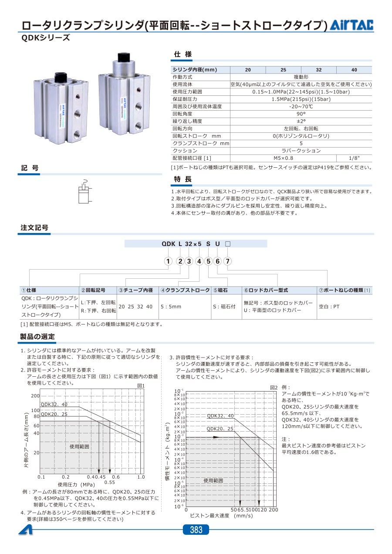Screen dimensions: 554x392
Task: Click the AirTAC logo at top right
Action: tap(351, 26)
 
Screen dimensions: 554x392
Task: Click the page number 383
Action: tap(196, 530)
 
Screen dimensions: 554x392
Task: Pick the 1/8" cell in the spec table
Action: tap(354, 158)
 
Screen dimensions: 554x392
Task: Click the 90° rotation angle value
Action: tap(301, 114)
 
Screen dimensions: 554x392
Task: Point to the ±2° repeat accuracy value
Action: tap(301, 121)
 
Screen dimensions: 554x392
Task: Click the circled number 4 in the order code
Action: tap(199, 261)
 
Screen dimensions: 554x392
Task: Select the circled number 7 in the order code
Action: tap(228, 261)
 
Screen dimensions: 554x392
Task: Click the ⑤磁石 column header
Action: tap(223, 290)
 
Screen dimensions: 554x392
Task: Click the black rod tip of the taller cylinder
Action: tap(123, 57)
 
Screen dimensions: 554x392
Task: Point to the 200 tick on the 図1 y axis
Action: tap(35, 396)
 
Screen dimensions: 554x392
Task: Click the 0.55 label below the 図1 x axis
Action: tap(109, 482)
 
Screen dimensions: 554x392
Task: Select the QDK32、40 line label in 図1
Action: tap(54, 405)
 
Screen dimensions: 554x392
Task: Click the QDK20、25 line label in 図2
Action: tap(220, 429)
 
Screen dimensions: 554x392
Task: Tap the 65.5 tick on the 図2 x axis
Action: tap(244, 510)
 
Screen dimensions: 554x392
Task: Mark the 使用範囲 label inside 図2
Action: tap(213, 480)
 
